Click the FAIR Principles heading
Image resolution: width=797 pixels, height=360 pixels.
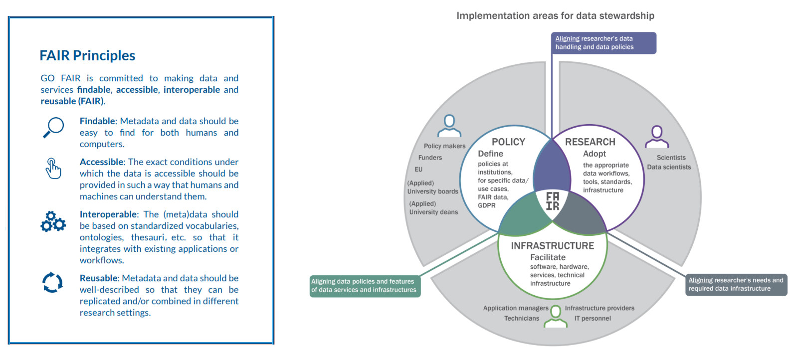[87, 55]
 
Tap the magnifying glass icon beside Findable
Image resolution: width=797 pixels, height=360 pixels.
[53, 127]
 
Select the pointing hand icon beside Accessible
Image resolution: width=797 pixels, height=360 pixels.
[53, 168]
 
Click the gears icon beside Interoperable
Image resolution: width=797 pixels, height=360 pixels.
[53, 222]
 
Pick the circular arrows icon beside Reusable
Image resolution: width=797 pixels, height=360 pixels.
[52, 283]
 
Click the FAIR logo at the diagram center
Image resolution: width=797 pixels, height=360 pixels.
[553, 201]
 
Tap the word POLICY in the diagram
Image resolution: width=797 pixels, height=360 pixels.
[508, 142]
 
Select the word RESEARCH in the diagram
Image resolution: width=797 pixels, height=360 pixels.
[590, 142]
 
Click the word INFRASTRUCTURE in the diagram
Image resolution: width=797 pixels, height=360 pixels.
[552, 246]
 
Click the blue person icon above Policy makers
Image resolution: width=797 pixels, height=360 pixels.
[449, 126]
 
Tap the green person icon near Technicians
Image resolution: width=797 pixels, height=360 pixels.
[556, 317]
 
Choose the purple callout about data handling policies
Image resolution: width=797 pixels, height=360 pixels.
[603, 43]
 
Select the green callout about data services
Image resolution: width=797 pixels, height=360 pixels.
[365, 286]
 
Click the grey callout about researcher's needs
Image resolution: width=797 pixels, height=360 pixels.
[736, 285]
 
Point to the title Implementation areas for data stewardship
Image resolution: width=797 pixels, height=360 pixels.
[555, 16]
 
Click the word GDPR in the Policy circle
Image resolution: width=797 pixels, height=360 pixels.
[487, 205]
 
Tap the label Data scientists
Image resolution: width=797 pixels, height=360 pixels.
[669, 167]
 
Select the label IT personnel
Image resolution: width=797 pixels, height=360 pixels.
[593, 319]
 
